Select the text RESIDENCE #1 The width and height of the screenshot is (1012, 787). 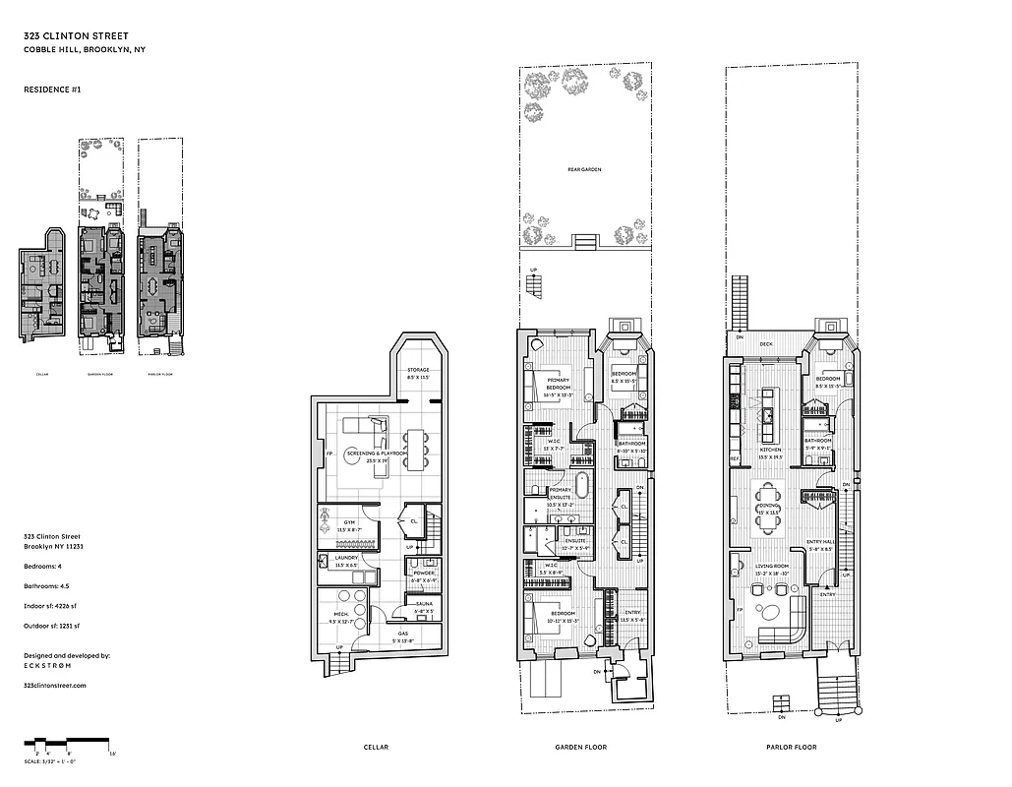click(52, 90)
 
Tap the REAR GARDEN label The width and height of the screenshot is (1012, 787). click(583, 169)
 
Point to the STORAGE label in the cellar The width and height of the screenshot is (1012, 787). click(421, 370)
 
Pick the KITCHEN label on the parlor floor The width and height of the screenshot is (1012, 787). click(768, 453)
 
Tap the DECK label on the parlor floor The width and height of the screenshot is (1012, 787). click(766, 344)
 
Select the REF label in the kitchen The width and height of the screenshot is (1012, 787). click(735, 458)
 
